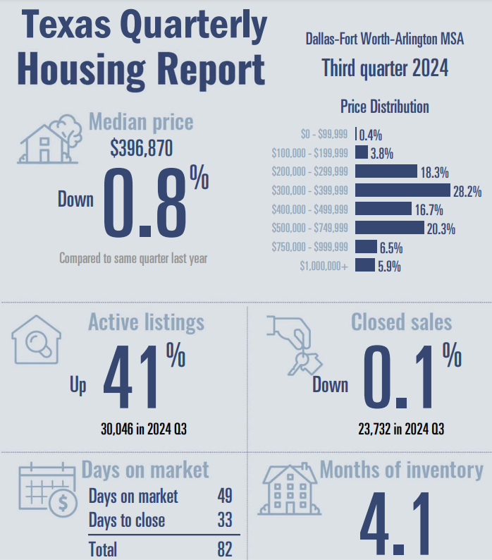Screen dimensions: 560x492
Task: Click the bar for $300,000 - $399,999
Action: (x=402, y=190)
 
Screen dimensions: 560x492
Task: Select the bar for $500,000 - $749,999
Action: (x=390, y=228)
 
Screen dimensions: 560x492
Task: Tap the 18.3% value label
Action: (x=435, y=172)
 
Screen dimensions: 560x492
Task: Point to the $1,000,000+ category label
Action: (x=324, y=266)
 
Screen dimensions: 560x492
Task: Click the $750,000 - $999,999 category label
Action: (x=309, y=247)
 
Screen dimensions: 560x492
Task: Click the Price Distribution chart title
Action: (x=384, y=107)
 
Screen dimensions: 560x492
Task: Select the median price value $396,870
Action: (x=141, y=149)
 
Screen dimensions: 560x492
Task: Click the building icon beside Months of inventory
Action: (x=290, y=490)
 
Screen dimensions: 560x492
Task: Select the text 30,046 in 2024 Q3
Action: (x=144, y=430)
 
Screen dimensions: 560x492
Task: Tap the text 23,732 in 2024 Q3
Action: (x=401, y=430)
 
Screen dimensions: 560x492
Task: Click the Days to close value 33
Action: (x=225, y=521)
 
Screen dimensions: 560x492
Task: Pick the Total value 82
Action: (x=225, y=549)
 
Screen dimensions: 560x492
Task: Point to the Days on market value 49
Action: (x=225, y=496)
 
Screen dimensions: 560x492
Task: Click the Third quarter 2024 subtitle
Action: (x=385, y=69)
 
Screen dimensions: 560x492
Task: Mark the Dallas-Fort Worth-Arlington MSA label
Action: (x=385, y=39)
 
